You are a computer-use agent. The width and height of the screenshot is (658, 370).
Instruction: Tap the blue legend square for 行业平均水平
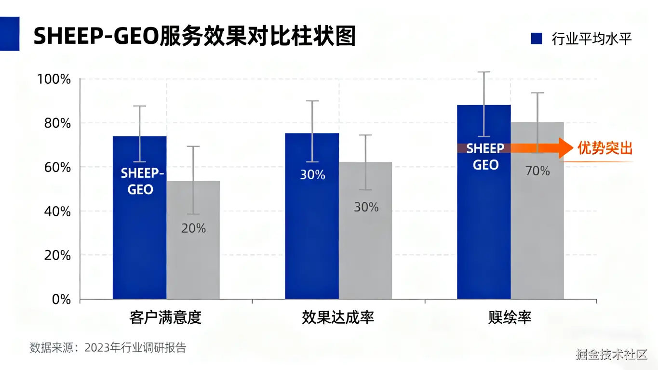click(x=537, y=39)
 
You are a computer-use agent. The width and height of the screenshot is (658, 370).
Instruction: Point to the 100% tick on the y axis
click(x=54, y=79)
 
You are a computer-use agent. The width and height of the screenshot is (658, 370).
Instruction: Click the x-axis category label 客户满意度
click(x=165, y=317)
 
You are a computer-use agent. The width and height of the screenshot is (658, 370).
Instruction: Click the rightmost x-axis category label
click(x=510, y=317)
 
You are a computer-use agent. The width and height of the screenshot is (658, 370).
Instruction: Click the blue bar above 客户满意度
click(x=139, y=241)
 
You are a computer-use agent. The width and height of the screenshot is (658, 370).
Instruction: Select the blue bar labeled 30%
click(x=312, y=231)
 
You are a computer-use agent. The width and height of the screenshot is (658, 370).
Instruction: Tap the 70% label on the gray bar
click(x=538, y=171)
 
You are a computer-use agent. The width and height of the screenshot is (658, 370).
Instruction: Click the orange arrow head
click(x=565, y=148)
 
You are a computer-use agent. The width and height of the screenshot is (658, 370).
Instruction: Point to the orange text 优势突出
click(x=604, y=148)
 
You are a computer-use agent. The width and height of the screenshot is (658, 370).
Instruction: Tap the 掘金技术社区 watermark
click(x=611, y=355)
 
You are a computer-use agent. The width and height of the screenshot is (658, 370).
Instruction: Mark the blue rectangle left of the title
click(x=10, y=34)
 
